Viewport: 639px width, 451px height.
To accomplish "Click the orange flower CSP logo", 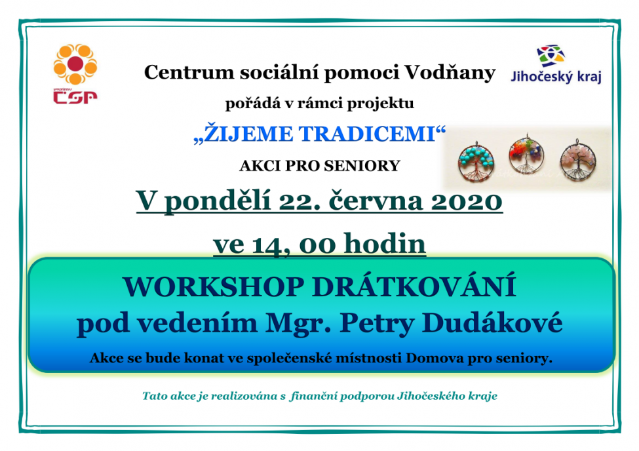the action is [75, 64].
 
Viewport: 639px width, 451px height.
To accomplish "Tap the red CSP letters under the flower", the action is [75, 97].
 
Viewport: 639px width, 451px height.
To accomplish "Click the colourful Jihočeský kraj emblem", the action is [551, 56].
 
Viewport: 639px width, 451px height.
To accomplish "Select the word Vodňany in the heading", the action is [450, 73].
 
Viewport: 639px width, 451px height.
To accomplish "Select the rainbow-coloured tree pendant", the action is [526, 155].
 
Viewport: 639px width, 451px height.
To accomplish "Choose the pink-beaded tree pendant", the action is [578, 160].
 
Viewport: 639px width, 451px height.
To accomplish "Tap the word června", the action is [376, 201].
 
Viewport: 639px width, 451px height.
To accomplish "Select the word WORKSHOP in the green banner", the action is [214, 287].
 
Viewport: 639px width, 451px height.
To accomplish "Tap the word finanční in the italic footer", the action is [313, 396].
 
